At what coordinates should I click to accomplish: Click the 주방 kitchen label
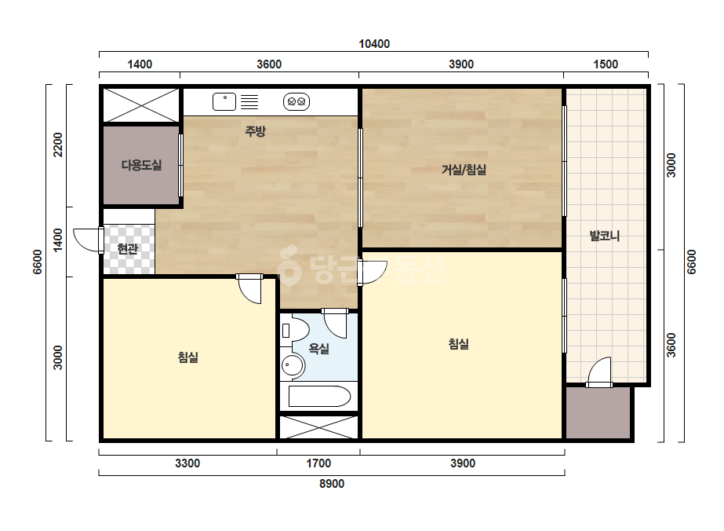[x=256, y=131]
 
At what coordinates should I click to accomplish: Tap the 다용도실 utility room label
[x=142, y=165]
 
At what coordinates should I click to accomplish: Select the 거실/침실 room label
[x=464, y=170]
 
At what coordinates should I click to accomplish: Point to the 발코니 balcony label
[x=605, y=236]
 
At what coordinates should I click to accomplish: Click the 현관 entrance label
[x=127, y=249]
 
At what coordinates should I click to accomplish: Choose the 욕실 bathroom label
[x=319, y=348]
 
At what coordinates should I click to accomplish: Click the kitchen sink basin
[x=224, y=102]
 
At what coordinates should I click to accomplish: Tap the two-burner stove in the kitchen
[x=297, y=102]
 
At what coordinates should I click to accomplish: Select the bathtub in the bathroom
[x=319, y=397]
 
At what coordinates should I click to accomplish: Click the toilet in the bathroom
[x=296, y=331]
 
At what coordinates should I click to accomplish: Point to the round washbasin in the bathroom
[x=292, y=365]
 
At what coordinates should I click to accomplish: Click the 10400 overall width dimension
[x=374, y=44]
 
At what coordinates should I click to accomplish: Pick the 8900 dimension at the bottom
[x=332, y=484]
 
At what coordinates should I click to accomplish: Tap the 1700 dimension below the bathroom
[x=318, y=463]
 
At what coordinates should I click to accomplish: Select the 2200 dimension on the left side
[x=58, y=145]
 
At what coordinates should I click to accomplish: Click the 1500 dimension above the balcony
[x=606, y=64]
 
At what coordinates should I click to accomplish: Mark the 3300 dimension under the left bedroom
[x=187, y=463]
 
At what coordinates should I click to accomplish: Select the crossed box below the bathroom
[x=319, y=427]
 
